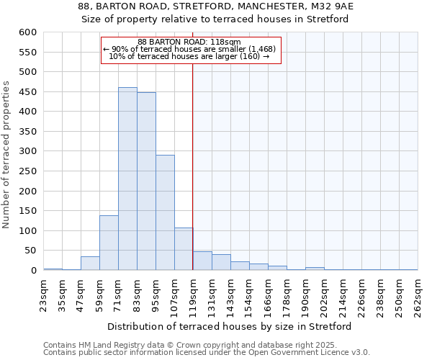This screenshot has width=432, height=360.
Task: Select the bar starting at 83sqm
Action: (x=146, y=181)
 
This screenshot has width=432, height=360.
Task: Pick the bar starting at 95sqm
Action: (x=165, y=212)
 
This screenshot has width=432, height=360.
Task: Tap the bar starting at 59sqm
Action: (x=109, y=243)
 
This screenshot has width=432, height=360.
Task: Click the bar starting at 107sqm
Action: (x=184, y=249)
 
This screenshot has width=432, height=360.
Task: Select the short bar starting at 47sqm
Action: (x=90, y=264)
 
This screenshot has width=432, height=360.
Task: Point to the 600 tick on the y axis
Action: (x=27, y=32)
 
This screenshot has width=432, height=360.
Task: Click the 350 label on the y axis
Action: (x=27, y=132)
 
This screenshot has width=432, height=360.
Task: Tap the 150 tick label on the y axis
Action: (x=27, y=211)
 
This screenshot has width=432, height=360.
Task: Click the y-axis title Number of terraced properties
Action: (x=7, y=155)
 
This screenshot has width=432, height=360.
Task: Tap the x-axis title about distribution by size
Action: (x=230, y=327)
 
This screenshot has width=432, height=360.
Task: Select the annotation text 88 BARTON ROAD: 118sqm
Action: (x=189, y=42)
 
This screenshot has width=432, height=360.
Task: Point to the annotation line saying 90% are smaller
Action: (x=189, y=50)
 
